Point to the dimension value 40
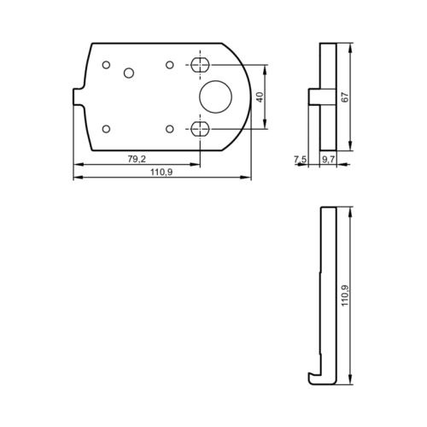[260, 97]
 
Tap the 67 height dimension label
[346, 97]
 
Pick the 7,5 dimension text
[300, 160]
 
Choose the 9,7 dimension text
[328, 160]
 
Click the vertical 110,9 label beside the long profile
[345, 295]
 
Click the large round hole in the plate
[215, 96]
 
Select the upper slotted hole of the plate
[201, 65]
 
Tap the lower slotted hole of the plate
[201, 129]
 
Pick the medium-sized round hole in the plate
[129, 73]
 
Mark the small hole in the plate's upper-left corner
[106, 65]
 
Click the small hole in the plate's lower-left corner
[106, 129]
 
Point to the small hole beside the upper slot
[170, 65]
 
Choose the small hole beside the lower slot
[170, 129]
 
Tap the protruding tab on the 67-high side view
[313, 97]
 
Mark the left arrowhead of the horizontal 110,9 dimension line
[76, 178]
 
